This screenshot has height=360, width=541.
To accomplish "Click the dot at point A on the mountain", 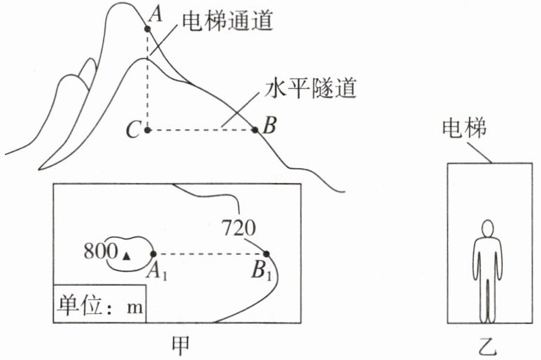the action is click(x=147, y=29).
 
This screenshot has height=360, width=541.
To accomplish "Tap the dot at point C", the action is click(x=147, y=130).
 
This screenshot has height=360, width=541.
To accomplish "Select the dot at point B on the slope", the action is click(x=255, y=130).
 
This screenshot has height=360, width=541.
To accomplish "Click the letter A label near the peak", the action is click(x=157, y=15).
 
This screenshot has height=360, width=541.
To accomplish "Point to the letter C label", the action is click(x=133, y=131).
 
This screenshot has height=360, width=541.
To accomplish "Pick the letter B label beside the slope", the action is click(x=269, y=125).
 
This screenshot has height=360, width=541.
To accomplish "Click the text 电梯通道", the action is click(x=227, y=20).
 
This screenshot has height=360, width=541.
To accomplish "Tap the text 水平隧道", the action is click(x=311, y=88).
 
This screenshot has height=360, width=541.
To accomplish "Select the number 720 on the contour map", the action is click(x=238, y=227).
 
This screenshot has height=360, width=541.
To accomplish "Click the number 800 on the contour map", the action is click(x=101, y=251).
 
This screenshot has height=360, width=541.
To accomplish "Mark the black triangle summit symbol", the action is click(x=127, y=256).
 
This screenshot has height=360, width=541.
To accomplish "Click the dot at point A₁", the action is click(x=154, y=254).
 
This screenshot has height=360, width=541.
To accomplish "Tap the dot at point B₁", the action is click(x=267, y=254).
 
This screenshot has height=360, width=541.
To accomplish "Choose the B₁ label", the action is click(x=262, y=270).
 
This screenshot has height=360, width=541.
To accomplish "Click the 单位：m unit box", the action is click(x=99, y=304).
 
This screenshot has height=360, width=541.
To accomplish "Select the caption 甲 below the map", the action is click(x=181, y=346).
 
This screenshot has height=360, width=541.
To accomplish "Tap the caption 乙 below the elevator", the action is click(x=488, y=346).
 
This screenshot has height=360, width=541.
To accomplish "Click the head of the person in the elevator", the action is click(x=488, y=229).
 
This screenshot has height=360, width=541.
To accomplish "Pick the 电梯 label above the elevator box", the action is click(x=464, y=127).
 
